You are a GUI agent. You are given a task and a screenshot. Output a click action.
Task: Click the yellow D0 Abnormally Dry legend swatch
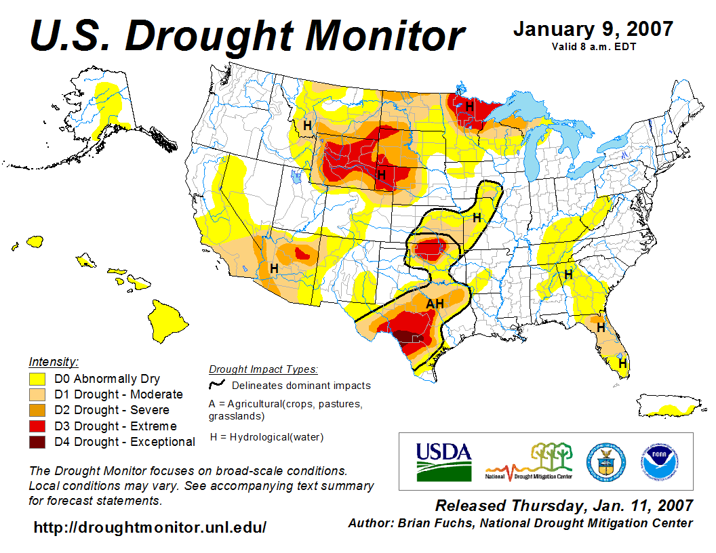(x=38, y=379)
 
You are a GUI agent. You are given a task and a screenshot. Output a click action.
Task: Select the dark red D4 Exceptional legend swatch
(x=38, y=442)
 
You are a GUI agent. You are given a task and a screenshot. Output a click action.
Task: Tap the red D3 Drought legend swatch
(x=38, y=426)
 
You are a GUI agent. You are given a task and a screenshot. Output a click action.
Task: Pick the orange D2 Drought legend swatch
(x=38, y=410)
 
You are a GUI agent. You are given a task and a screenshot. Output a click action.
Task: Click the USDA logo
(x=443, y=461)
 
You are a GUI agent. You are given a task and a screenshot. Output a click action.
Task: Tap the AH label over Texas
(x=435, y=304)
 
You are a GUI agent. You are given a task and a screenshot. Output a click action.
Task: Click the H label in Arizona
(x=274, y=268)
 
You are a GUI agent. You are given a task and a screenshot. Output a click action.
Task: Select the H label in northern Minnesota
(x=469, y=106)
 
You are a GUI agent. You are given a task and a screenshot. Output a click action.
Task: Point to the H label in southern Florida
(x=622, y=363)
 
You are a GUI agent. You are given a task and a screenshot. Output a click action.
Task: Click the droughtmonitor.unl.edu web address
(x=150, y=527)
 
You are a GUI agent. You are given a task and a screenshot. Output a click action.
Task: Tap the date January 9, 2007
(x=593, y=29)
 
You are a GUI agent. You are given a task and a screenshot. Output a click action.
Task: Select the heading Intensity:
(x=54, y=361)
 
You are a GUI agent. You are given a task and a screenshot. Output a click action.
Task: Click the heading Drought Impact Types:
(x=263, y=369)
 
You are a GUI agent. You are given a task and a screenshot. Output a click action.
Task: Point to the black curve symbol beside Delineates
(x=218, y=384)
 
